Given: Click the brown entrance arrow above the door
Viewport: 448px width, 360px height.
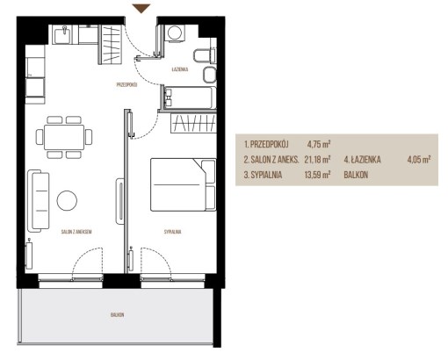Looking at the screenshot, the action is tap(141, 9).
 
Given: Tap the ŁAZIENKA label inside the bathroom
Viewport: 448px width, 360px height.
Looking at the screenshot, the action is tap(180, 69).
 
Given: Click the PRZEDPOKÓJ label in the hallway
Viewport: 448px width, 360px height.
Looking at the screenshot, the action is tap(126, 85).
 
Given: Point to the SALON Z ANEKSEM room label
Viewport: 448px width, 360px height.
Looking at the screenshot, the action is tap(76, 232).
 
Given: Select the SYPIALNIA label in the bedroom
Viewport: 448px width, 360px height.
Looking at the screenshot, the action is tap(172, 232).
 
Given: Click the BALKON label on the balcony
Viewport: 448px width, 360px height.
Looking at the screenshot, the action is tap(117, 315).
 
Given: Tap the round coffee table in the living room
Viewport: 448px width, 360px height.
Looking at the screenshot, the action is tap(67, 200).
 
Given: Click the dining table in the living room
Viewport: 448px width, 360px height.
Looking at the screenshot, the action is tap(64, 137).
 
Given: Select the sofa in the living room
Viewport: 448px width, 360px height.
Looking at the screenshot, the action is tap(38, 201).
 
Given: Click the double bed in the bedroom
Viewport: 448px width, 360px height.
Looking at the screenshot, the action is tap(184, 184).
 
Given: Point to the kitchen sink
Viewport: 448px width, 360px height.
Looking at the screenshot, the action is tap(62, 34).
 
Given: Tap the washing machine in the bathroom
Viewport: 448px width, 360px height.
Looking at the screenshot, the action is tap(175, 32).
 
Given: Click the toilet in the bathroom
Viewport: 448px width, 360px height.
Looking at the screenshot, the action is tap(205, 55).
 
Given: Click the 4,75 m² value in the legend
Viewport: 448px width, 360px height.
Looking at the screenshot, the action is tap(319, 144).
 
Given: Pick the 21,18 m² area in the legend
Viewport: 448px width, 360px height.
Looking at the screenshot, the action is tap(317, 160).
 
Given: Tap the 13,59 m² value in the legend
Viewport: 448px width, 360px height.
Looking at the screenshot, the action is tap(317, 175).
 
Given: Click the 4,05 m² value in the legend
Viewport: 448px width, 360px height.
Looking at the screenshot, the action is tap(419, 160).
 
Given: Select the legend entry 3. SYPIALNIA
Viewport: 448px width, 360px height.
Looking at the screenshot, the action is tap(263, 175).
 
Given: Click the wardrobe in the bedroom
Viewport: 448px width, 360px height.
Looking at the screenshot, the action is tap(193, 123).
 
